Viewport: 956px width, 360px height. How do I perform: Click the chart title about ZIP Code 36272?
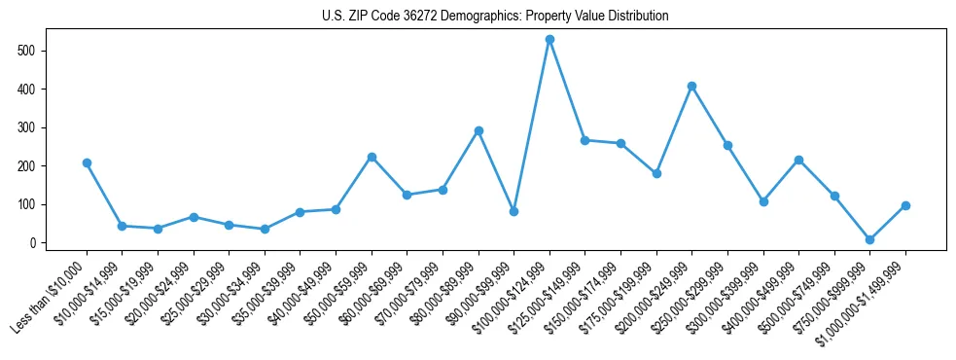click(x=495, y=17)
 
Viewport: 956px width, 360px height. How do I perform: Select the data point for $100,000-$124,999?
click(x=549, y=39)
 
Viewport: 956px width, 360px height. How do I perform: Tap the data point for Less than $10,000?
click(x=87, y=162)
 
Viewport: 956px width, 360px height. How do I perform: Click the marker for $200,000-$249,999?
click(x=691, y=86)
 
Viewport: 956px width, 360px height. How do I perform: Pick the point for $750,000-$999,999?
click(x=869, y=239)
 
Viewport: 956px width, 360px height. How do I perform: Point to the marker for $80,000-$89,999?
click(x=478, y=130)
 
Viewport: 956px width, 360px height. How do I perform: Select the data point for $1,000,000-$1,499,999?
click(x=905, y=205)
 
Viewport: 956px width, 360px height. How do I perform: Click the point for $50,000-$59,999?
click(x=372, y=157)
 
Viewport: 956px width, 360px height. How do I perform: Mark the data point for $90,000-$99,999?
click(x=513, y=211)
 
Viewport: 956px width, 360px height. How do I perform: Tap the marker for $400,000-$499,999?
click(x=798, y=160)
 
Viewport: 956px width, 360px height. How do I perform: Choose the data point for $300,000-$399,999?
click(x=763, y=201)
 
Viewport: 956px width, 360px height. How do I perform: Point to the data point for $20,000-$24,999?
click(x=194, y=217)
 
